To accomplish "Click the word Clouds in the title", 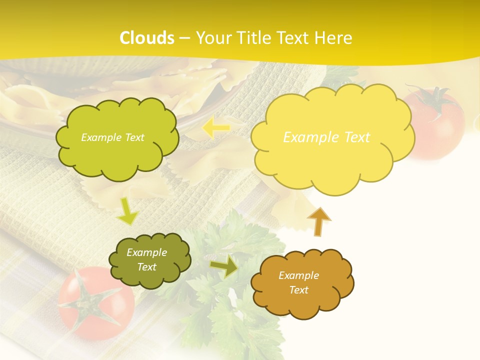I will [147, 38].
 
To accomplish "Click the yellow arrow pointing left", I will [216, 128].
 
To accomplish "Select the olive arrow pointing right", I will [224, 266].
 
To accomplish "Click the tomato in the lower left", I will [95, 305].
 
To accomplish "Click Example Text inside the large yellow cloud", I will [326, 137].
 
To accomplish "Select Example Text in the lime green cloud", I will [112, 137].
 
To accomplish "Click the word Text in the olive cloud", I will [147, 267].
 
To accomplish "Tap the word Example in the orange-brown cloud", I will [298, 275].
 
